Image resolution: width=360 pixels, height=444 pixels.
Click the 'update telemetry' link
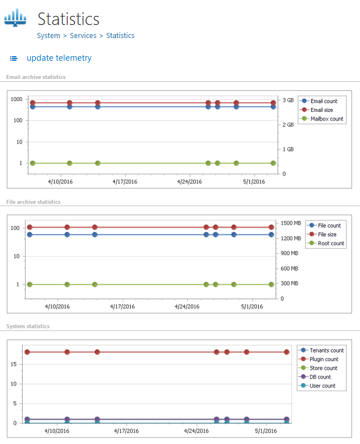[x=58, y=58]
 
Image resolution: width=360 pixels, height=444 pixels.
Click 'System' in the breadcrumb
[x=48, y=35]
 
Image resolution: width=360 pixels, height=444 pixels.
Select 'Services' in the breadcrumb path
[x=82, y=35]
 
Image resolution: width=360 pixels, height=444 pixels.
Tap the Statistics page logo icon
[x=15, y=18]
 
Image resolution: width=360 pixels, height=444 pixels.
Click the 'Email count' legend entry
[x=324, y=101]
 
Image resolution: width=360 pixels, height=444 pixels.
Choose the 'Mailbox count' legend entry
[x=326, y=119]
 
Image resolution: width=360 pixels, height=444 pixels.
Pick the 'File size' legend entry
[x=327, y=234]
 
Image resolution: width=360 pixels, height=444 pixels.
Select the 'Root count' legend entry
[x=330, y=244]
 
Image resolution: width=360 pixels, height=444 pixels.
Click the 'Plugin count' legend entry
[x=324, y=359]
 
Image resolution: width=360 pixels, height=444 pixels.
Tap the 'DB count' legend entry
[x=320, y=377]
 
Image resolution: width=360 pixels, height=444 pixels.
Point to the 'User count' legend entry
[x=323, y=386]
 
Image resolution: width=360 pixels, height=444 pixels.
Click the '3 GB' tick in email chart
[x=288, y=100]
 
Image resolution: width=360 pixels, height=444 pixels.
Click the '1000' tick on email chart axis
[x=16, y=99]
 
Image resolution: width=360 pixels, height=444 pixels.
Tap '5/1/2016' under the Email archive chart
[x=254, y=182]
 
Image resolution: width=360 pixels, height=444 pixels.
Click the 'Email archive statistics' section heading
[x=36, y=77]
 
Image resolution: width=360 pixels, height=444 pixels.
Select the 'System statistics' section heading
[x=28, y=326]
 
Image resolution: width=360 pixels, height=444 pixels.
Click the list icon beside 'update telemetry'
[x=14, y=58]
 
